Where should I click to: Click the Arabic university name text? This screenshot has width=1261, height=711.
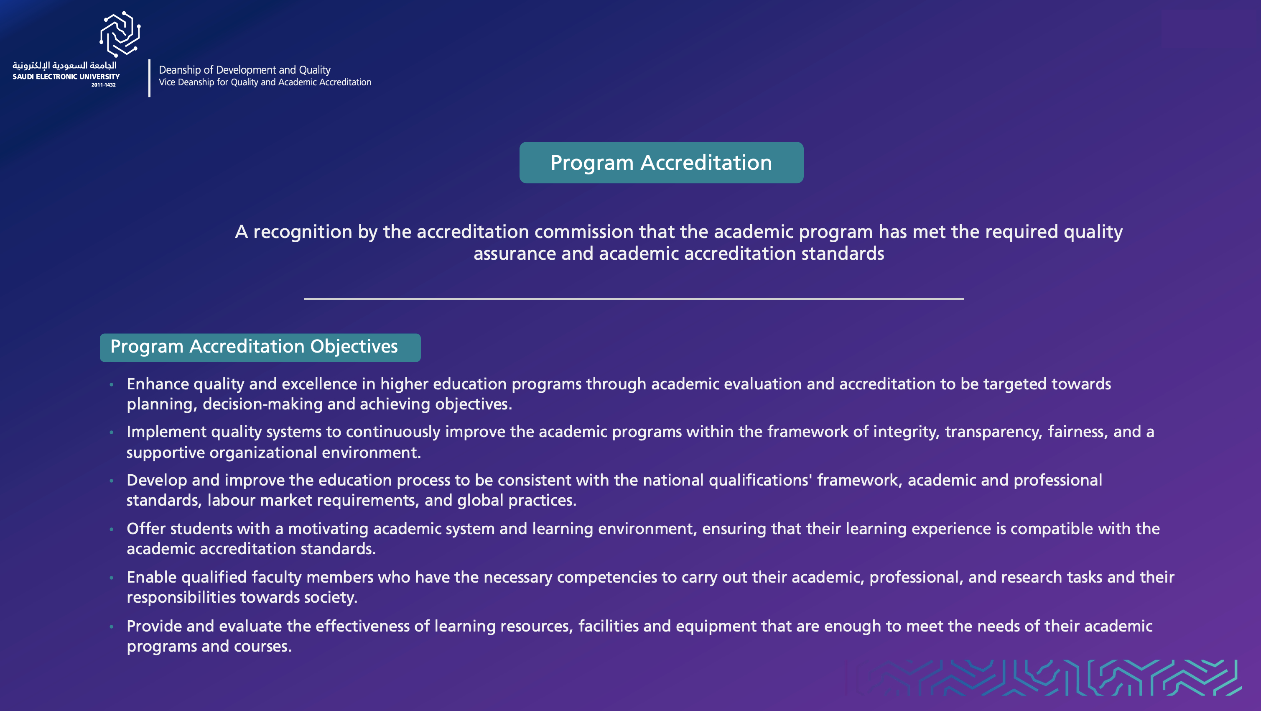pyautogui.click(x=65, y=66)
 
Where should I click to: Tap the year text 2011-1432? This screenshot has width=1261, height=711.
pyautogui.click(x=103, y=85)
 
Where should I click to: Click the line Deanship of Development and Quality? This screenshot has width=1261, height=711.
pyautogui.click(x=244, y=70)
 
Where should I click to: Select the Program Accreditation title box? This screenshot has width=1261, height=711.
pyautogui.click(x=661, y=163)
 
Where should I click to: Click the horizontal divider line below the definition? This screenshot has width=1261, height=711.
pyautogui.click(x=634, y=298)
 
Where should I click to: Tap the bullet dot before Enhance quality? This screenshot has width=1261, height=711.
pyautogui.click(x=112, y=385)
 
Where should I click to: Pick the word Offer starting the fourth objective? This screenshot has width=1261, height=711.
pyautogui.click(x=146, y=529)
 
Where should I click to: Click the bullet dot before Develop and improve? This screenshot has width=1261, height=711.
pyautogui.click(x=112, y=481)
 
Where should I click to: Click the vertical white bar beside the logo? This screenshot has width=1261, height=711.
pyautogui.click(x=149, y=78)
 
